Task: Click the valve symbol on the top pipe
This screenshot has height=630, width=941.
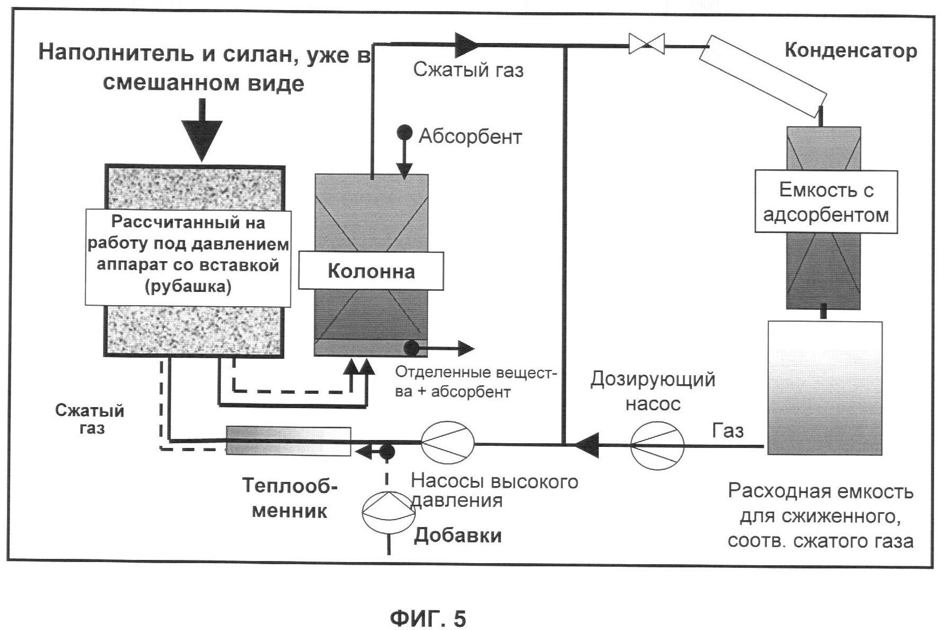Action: click(646, 44)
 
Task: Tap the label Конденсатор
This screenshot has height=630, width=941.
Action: click(851, 50)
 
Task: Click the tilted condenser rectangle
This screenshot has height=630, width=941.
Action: click(763, 76)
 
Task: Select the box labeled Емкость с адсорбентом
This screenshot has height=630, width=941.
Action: click(826, 202)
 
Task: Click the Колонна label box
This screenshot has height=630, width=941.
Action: click(371, 271)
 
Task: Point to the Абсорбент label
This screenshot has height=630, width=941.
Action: click(470, 136)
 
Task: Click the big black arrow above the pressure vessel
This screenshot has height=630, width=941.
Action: click(201, 130)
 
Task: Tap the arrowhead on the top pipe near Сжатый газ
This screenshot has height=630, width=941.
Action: click(467, 44)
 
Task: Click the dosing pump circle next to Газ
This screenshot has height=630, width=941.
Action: click(657, 445)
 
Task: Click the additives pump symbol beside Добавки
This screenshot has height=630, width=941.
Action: click(388, 511)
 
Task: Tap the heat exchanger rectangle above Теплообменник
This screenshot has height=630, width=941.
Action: click(288, 441)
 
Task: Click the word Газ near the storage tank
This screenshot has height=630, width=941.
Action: click(727, 430)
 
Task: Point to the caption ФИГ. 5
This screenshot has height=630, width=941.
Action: click(427, 618)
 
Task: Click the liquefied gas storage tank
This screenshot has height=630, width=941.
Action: click(825, 388)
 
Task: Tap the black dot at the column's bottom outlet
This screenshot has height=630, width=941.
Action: click(412, 348)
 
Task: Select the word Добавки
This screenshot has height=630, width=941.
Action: click(458, 535)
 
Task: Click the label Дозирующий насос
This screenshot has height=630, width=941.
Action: click(653, 391)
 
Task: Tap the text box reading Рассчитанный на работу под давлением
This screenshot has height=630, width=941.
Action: click(188, 258)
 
